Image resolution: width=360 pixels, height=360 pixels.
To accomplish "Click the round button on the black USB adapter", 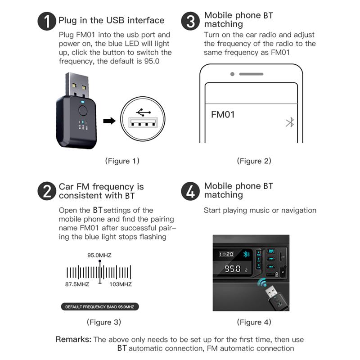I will pyautogui.click(x=82, y=111).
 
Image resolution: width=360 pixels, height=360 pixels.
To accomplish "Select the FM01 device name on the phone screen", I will pyautogui.click(x=223, y=115).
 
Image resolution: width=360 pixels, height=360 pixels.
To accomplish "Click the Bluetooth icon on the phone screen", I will pyautogui.click(x=290, y=122).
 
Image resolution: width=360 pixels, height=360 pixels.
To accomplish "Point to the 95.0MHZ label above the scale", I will pyautogui.click(x=99, y=255).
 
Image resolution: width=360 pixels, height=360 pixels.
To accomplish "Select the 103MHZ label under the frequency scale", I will pyautogui.click(x=121, y=284).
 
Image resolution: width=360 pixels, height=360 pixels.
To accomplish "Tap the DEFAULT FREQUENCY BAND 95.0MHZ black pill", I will pyautogui.click(x=100, y=307).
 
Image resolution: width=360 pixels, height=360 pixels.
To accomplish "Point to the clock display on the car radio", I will pyautogui.click(x=226, y=254).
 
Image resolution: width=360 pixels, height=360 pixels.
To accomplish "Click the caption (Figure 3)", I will pyautogui.click(x=104, y=322).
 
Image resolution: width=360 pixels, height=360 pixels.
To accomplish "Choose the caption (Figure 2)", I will pyautogui.click(x=254, y=161).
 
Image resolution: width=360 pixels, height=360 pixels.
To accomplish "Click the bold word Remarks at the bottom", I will pyautogui.click(x=73, y=339).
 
